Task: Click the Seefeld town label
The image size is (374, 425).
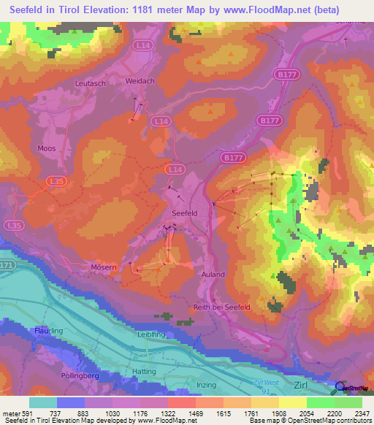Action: (184, 212)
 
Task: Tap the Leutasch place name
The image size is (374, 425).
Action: (91, 84)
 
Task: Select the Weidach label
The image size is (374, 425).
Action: (140, 81)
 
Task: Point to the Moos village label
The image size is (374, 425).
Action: (46, 148)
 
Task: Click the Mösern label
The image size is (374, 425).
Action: (104, 268)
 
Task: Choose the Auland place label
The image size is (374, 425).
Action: (213, 275)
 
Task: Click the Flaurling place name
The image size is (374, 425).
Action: (49, 331)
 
